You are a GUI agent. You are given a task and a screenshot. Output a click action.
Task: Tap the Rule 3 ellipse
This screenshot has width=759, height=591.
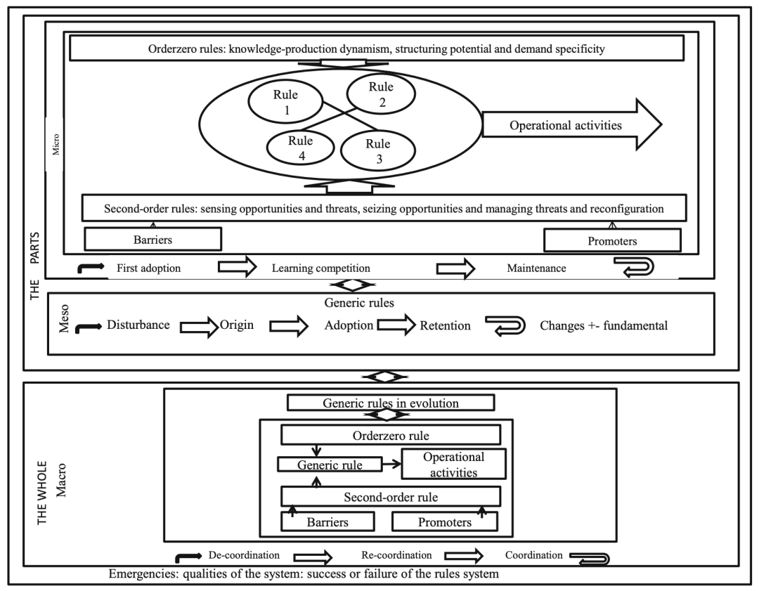tap(379, 150)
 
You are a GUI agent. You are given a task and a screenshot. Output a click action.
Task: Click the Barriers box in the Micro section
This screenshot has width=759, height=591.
tap(153, 238)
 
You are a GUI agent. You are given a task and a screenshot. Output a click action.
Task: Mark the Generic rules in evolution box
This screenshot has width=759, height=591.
tap(391, 403)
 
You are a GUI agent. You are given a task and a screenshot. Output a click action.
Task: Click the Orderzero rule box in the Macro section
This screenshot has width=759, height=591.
tap(390, 434)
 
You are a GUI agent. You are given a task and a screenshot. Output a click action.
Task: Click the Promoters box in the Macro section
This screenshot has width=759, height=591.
tap(443, 522)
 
